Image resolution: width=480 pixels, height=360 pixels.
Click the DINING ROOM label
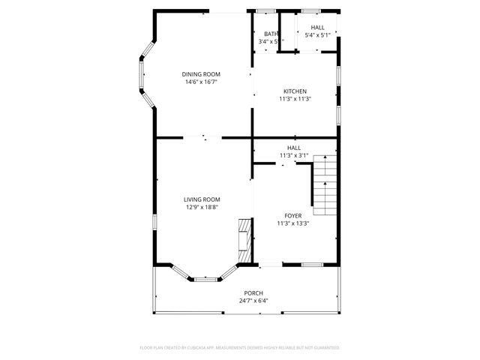(202, 73)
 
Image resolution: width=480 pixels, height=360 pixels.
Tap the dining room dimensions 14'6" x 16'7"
(202, 82)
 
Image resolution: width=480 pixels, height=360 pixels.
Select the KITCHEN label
(295, 91)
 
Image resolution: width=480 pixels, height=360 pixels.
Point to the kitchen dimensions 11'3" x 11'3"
(295, 99)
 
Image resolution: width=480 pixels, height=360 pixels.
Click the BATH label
(271, 34)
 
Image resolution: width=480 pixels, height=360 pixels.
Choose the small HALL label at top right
(318, 27)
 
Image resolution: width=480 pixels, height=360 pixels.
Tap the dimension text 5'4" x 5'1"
(318, 35)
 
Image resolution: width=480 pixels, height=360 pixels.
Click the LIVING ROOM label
(202, 199)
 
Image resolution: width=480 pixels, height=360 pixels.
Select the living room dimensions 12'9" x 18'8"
(202, 208)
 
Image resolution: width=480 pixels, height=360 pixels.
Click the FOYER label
(292, 215)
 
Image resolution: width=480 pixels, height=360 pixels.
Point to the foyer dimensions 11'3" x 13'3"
(292, 223)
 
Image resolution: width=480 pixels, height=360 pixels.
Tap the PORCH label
(253, 292)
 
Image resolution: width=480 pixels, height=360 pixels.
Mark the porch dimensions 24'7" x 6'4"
(253, 301)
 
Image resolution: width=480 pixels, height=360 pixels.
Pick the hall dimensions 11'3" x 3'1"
(294, 155)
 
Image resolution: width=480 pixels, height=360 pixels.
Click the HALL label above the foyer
(294, 148)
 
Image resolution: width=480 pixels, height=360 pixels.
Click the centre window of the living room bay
(204, 280)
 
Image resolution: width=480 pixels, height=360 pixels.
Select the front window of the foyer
(312, 265)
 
